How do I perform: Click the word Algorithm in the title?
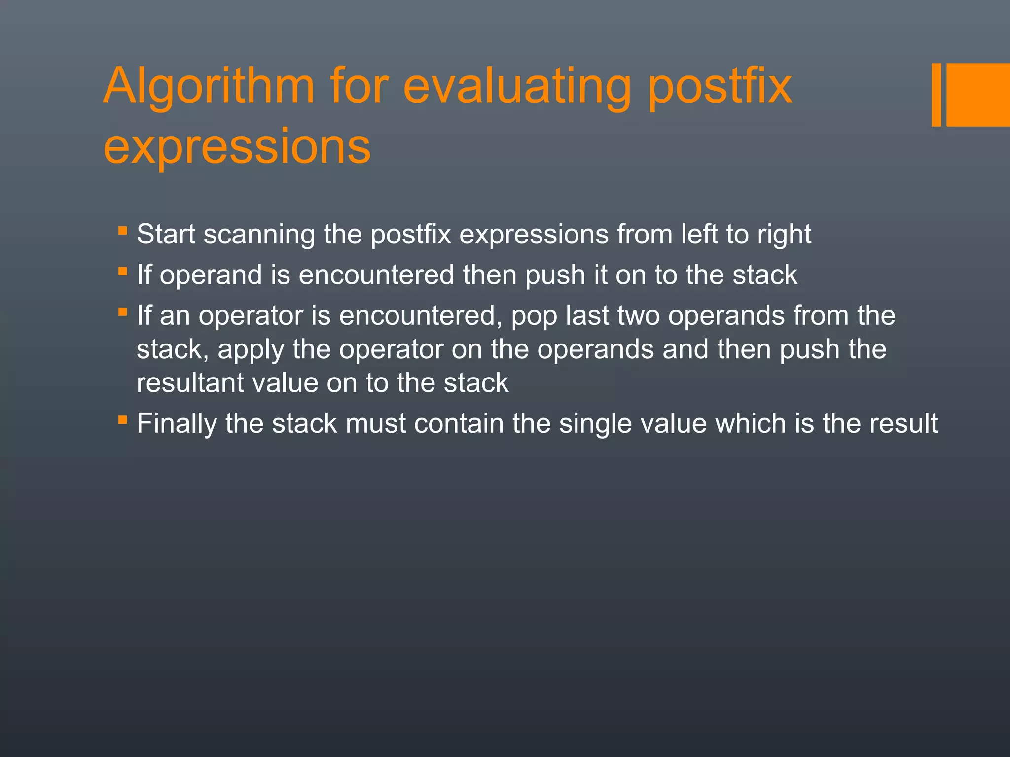pos(208,87)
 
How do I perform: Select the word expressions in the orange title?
pos(237,146)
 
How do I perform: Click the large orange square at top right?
pos(977,95)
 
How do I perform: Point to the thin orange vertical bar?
pos(936,95)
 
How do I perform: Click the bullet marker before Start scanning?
pos(123,230)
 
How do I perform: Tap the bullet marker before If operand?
pos(123,271)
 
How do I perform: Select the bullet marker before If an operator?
pos(123,312)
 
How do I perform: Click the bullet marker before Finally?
pos(123,420)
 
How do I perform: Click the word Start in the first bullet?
pos(166,234)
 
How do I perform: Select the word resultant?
pos(190,383)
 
